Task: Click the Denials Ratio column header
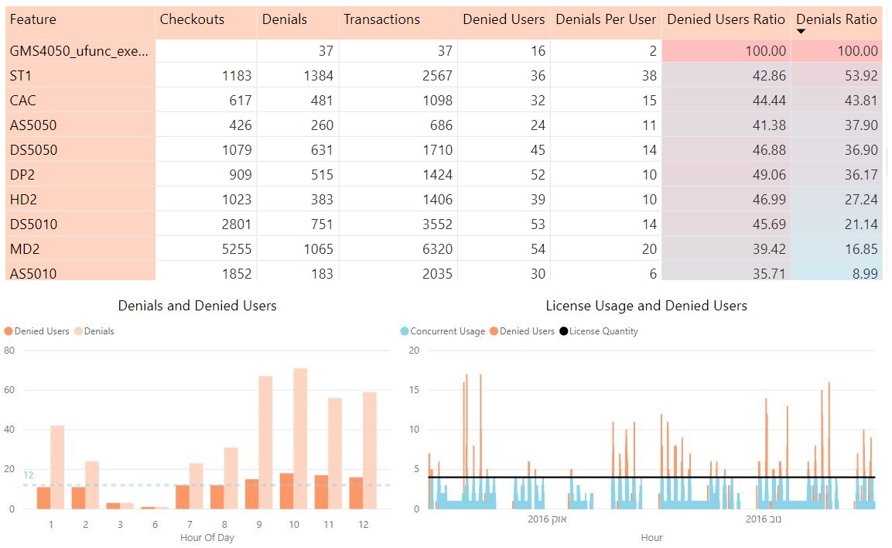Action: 837,19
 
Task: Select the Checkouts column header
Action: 192,19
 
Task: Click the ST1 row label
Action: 22,76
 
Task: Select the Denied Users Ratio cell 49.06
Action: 769,175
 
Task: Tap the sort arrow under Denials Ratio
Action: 801,32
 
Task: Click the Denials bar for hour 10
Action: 300,438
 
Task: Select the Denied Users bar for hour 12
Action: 356,493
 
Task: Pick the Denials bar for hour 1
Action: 57,467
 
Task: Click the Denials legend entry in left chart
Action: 98,331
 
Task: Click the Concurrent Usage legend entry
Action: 446,331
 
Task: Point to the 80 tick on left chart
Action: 9,351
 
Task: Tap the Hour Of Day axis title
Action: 207,538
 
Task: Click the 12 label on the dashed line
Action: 29,475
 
